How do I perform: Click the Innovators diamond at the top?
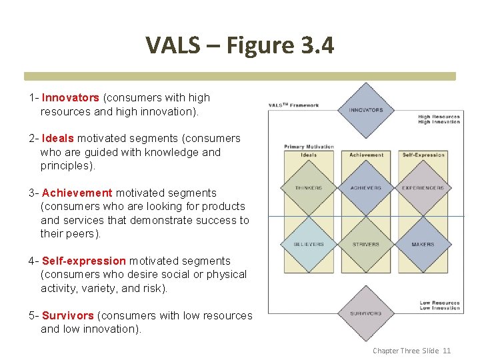tap(366, 110)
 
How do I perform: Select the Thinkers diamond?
tap(309, 188)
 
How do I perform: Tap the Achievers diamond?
tap(366, 188)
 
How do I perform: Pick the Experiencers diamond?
tap(423, 188)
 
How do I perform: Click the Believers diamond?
tap(309, 244)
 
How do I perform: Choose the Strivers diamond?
tap(366, 244)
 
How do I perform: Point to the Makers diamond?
tap(423, 244)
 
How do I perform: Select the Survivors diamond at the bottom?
tap(366, 313)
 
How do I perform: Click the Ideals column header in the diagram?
tap(309, 155)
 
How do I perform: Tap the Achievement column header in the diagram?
tap(366, 155)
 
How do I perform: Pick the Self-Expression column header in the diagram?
tap(423, 155)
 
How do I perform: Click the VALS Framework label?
tap(293, 105)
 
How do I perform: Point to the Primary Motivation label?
tap(309, 147)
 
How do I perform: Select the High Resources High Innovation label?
tap(439, 119)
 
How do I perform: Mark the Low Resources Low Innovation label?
tap(439, 305)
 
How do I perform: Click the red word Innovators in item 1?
tap(71, 98)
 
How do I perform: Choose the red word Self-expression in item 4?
tap(84, 261)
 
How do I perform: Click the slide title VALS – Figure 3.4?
tap(240, 45)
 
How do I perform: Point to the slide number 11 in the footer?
tap(447, 351)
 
